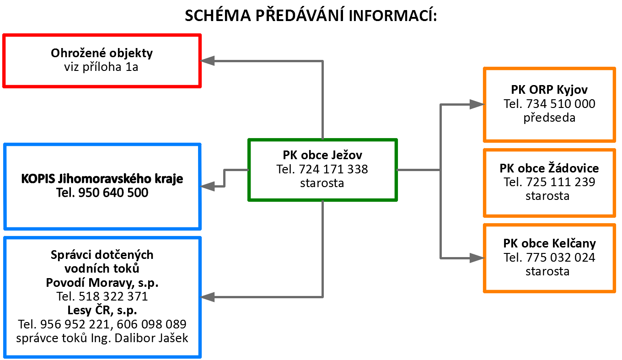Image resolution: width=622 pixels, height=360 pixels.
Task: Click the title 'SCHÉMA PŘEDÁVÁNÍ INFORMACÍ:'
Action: coord(311,15)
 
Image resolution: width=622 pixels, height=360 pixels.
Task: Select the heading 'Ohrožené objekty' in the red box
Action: coord(102,53)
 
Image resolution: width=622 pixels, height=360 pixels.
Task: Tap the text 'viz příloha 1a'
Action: coord(101,67)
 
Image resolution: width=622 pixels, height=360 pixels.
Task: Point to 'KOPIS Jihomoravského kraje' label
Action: coord(102,178)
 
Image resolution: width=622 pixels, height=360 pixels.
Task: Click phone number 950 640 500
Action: coord(113,193)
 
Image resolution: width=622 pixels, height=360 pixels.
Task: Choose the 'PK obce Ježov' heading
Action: coord(322,155)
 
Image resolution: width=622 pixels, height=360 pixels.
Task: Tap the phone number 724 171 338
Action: coord(333,169)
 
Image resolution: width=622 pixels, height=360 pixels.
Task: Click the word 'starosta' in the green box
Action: coord(322,183)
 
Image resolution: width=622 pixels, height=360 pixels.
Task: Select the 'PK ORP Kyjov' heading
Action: coord(549,90)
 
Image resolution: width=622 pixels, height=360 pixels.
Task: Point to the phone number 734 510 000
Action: coord(561,104)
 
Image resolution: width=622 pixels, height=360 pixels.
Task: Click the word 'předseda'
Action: coord(549,118)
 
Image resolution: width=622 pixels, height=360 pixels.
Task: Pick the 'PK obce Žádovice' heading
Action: coord(549,168)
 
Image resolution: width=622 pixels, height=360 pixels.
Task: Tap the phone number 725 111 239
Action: coord(561,182)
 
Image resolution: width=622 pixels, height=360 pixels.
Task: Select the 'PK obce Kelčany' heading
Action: coord(550,244)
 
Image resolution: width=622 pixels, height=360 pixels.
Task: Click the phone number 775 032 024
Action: coord(561,258)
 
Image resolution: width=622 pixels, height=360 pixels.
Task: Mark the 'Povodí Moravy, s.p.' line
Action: coord(102,283)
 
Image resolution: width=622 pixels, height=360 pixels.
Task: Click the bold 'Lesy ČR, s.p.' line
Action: coord(102,310)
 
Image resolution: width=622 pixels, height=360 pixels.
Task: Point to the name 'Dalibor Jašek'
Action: coord(151,338)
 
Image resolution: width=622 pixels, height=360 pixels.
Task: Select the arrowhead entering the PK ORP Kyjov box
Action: coord(477,104)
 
